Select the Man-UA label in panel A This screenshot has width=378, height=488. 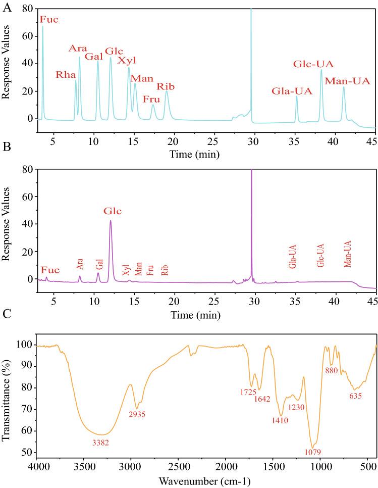347,81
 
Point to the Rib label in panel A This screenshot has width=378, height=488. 166,87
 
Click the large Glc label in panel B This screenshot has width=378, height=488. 113,211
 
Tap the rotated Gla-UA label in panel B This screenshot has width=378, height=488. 292,257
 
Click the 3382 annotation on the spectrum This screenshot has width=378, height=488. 99,443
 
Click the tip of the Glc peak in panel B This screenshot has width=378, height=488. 111,220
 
